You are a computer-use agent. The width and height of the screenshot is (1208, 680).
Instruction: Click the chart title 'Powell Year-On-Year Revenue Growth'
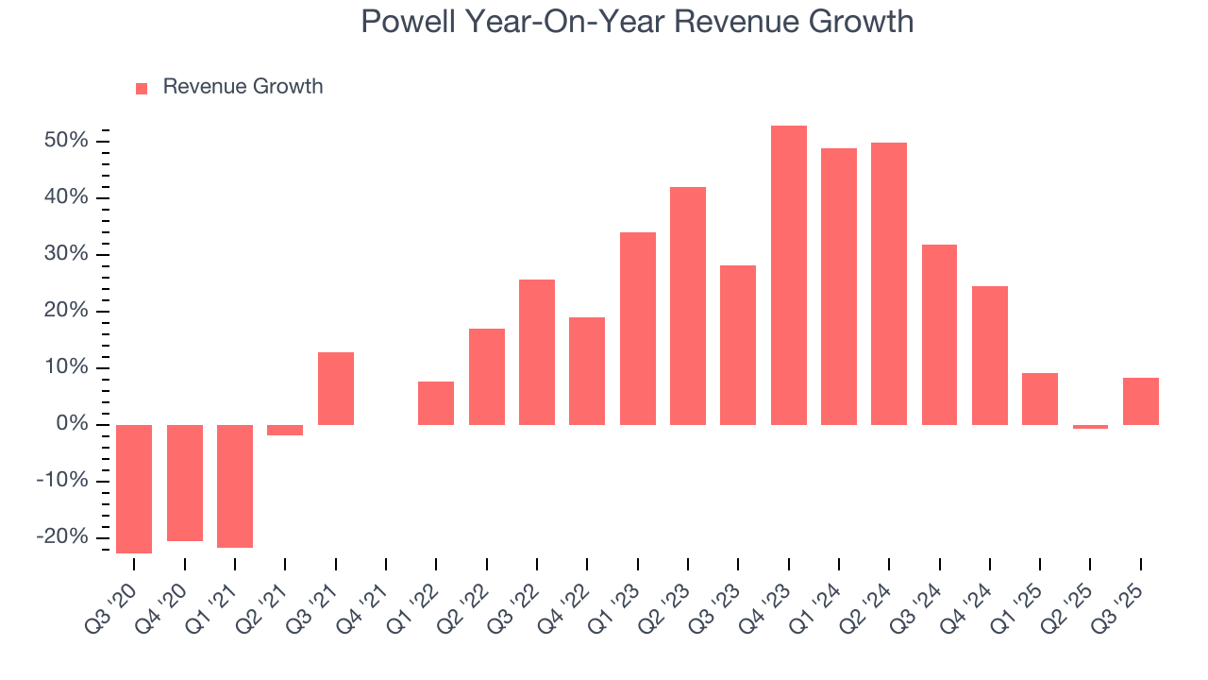(637, 21)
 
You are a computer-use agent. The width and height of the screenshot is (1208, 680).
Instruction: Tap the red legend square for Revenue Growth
(142, 88)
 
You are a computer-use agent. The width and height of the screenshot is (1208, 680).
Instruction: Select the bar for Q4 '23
(788, 275)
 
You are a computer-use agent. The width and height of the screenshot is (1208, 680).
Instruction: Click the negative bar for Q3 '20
(134, 488)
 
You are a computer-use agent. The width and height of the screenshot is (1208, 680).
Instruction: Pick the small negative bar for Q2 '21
(285, 430)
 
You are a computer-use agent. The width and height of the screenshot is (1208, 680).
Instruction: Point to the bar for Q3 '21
(335, 388)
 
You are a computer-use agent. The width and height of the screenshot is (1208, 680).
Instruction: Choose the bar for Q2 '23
(687, 306)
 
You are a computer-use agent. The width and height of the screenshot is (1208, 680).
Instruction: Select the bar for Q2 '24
(888, 283)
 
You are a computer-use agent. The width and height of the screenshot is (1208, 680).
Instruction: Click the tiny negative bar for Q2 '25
(1090, 427)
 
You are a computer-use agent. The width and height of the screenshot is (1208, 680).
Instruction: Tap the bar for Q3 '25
(1140, 401)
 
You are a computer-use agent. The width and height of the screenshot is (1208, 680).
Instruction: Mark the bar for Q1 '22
(436, 403)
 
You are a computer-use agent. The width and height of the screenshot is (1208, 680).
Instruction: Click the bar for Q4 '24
(989, 355)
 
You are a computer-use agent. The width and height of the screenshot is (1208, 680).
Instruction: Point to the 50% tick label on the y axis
(65, 141)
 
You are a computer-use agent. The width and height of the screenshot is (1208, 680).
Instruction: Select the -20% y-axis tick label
(61, 536)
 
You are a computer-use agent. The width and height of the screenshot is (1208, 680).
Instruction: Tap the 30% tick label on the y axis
(65, 254)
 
